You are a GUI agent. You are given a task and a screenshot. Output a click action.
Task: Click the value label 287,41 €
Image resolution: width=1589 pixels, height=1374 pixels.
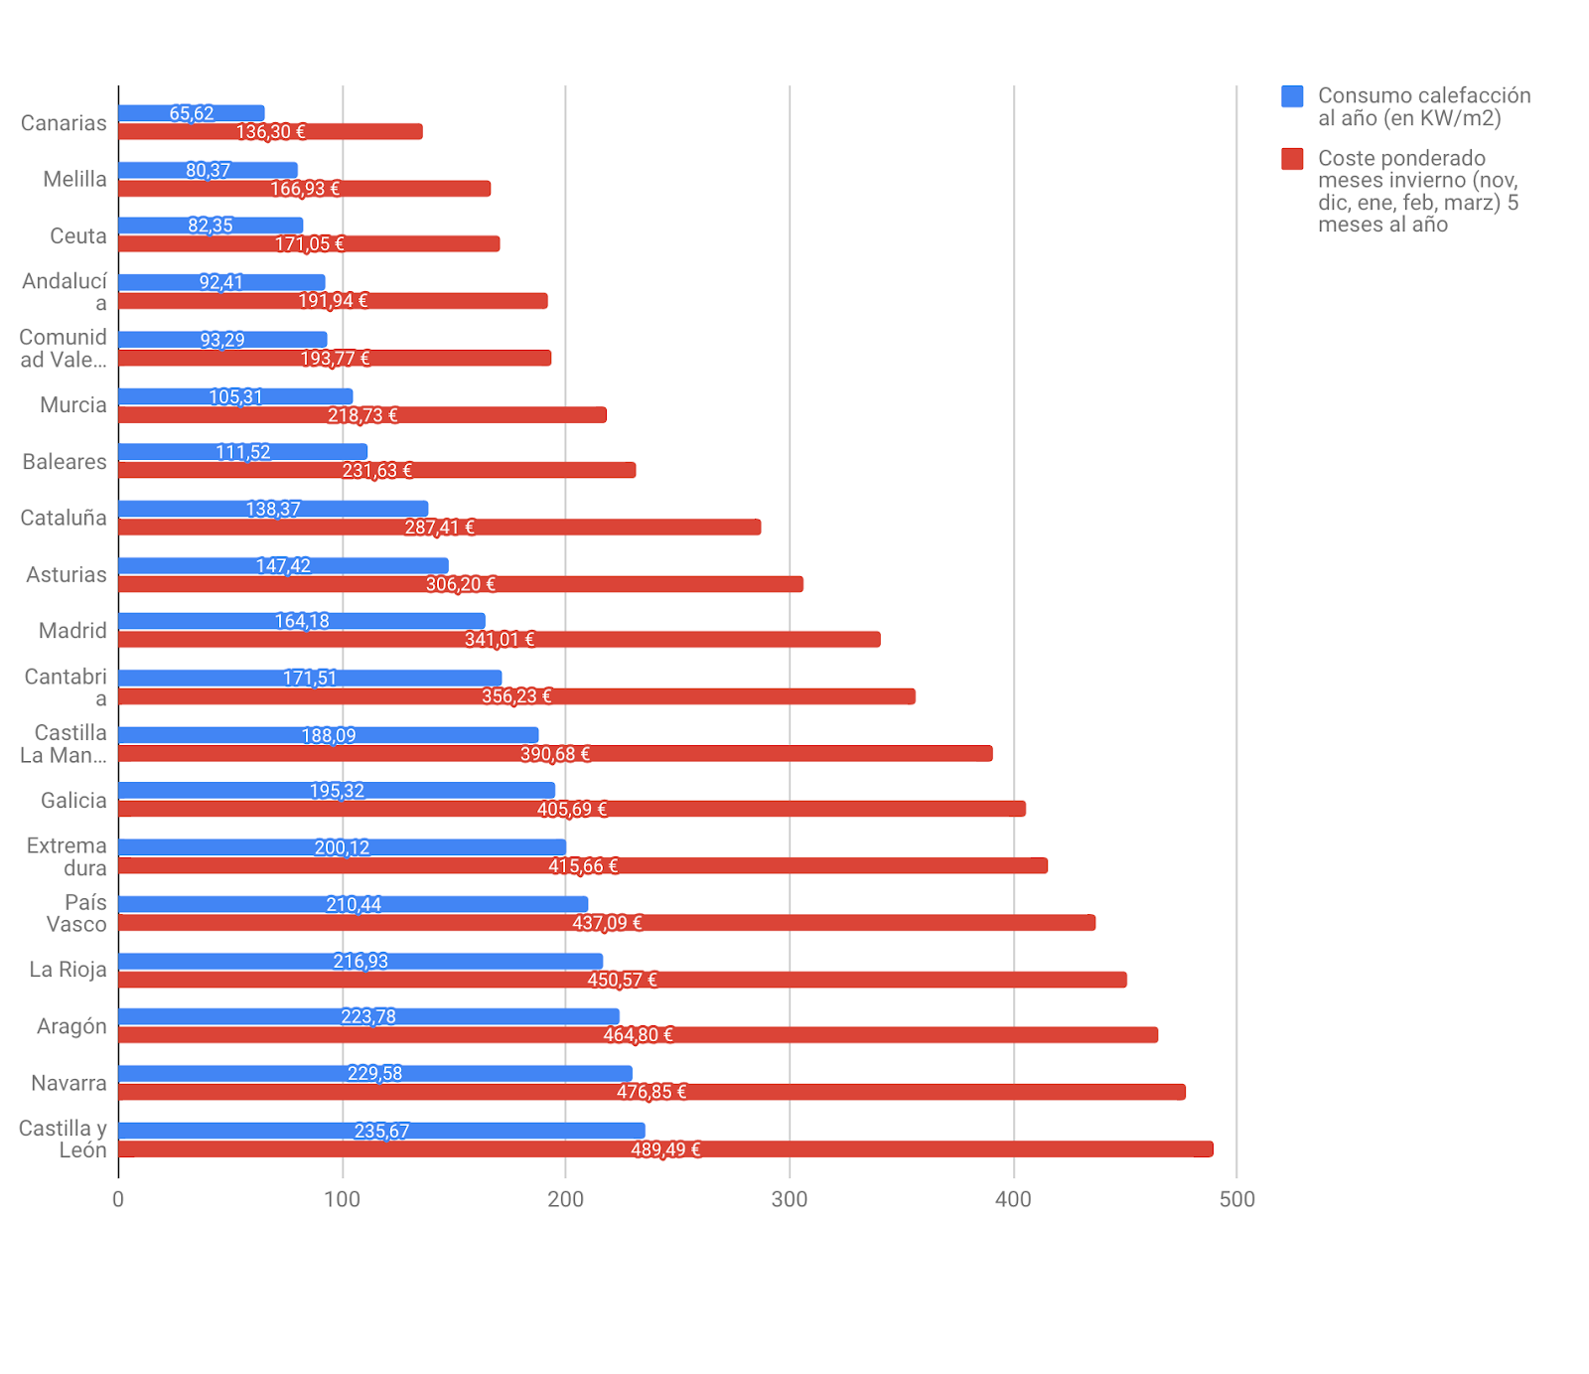(439, 528)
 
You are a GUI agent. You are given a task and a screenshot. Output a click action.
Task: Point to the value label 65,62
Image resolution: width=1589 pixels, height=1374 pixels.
(192, 113)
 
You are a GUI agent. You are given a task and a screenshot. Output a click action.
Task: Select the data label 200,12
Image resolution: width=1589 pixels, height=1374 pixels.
(342, 847)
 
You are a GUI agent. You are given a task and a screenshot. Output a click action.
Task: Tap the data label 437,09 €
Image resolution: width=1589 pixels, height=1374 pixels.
(607, 923)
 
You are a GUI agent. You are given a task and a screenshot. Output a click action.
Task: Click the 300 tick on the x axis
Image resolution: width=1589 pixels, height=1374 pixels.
(790, 1199)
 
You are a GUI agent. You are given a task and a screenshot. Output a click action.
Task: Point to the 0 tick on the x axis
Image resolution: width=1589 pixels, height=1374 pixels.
(118, 1199)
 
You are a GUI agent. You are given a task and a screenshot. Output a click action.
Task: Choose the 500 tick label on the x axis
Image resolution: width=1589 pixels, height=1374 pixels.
(1236, 1199)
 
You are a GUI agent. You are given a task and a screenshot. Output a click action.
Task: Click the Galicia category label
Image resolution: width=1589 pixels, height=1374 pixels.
(73, 801)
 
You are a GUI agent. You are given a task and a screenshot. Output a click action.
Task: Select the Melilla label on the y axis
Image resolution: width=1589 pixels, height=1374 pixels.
(74, 180)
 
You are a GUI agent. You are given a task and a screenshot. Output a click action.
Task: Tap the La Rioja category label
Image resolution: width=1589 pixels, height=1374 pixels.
(68, 970)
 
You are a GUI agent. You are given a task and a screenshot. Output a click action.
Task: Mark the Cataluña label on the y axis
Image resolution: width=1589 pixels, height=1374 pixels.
(64, 518)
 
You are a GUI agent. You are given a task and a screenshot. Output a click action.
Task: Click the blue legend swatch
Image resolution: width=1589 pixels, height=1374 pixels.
(1292, 96)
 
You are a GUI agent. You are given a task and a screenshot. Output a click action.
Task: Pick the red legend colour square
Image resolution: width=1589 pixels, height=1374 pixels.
(1292, 159)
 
